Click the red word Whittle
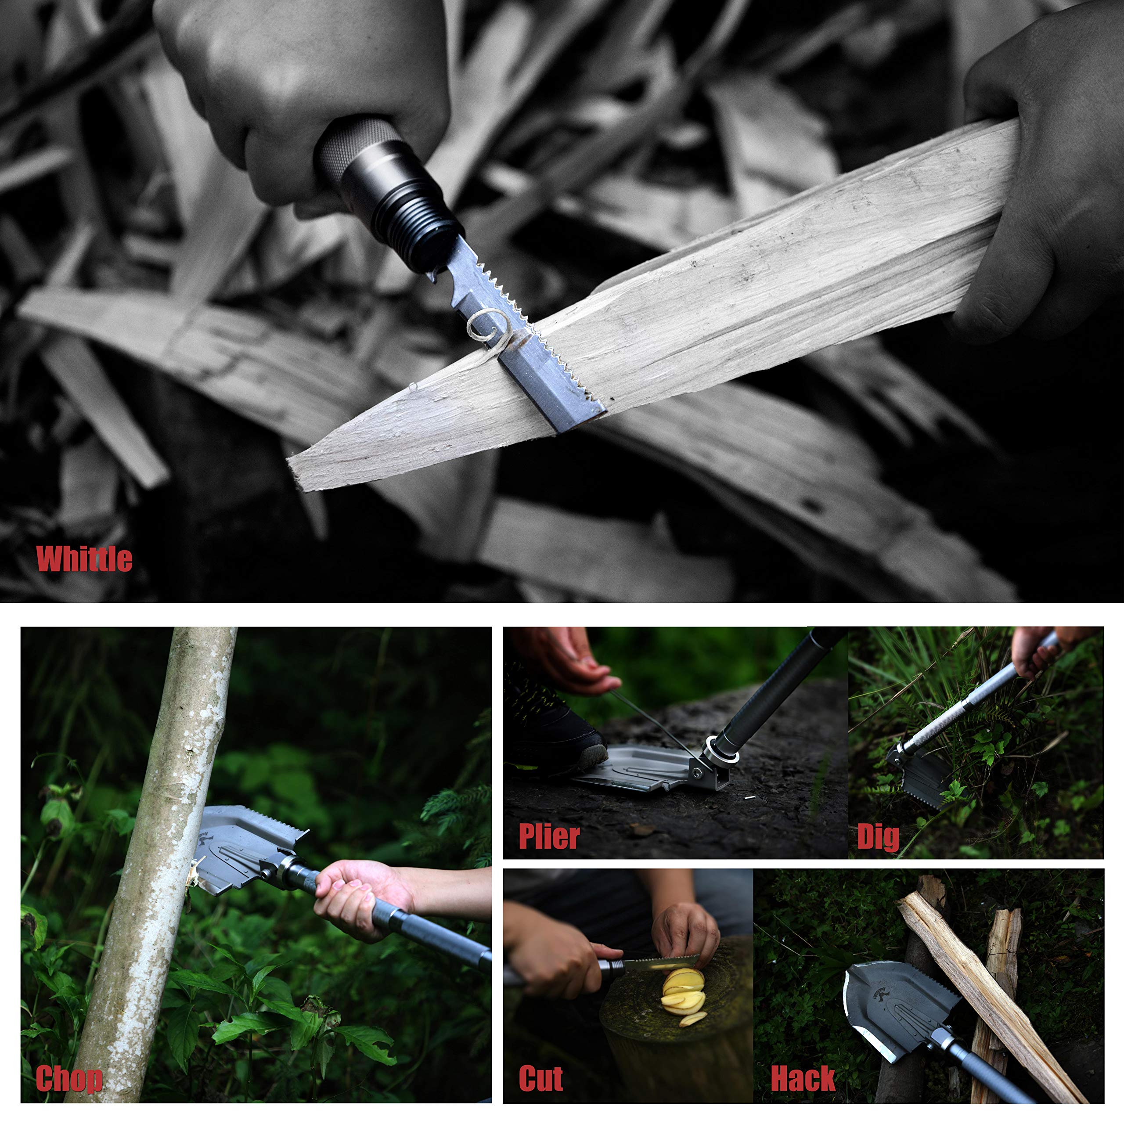click(84, 559)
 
